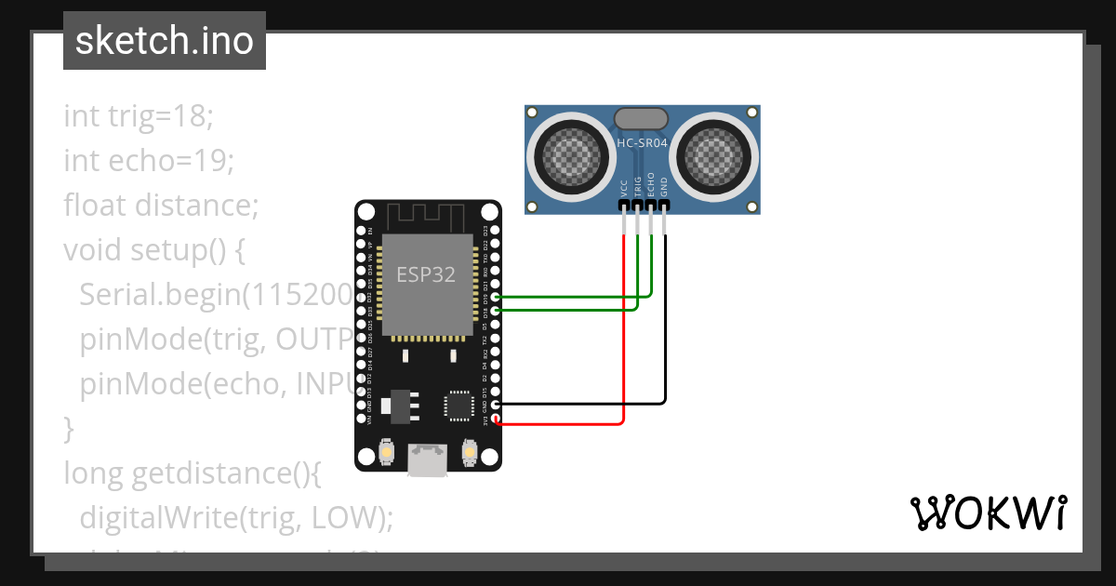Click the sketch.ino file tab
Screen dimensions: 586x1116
coord(164,41)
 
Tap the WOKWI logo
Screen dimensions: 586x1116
coord(987,513)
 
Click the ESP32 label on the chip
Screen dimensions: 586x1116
coord(426,275)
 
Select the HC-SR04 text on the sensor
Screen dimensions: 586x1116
coord(642,143)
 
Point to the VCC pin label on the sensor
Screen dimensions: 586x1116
coord(624,189)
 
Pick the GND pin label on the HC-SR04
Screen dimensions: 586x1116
coord(664,187)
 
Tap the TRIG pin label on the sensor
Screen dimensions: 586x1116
coord(638,186)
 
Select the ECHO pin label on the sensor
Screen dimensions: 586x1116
coord(651,185)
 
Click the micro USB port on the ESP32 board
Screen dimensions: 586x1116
coord(428,459)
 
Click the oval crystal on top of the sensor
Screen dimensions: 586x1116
coord(641,118)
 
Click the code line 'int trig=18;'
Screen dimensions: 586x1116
coord(139,116)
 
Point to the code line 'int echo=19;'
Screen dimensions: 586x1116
coord(149,161)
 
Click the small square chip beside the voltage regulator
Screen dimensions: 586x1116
coord(458,405)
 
